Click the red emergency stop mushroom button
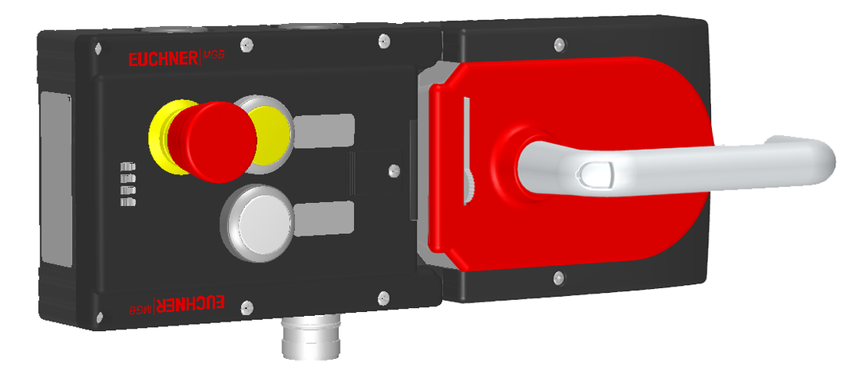point(213,142)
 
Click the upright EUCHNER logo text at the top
point(162,59)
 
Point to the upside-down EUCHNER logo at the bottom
point(190,302)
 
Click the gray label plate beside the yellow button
point(324,131)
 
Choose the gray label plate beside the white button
point(324,218)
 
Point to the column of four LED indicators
point(128,185)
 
